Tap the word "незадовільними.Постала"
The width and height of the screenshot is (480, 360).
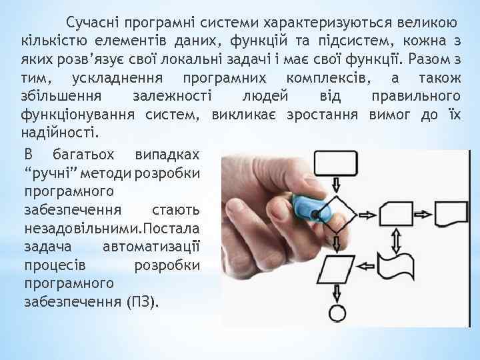[111, 229]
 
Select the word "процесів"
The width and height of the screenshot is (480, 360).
[53, 265]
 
